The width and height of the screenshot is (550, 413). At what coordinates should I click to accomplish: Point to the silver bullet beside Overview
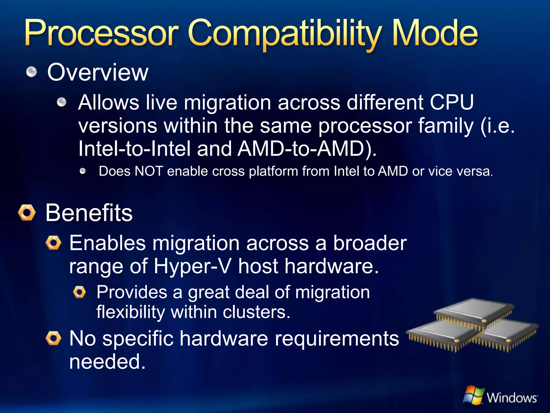coord(32,72)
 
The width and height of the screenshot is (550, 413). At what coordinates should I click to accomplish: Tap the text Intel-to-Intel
coord(134,149)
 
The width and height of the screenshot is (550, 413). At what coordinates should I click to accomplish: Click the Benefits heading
coord(89,213)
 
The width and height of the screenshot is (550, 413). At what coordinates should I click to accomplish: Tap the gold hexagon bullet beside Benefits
coord(27,213)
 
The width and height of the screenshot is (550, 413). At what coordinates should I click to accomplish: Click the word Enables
coord(107,243)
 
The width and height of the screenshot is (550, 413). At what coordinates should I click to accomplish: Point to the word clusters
coord(256,312)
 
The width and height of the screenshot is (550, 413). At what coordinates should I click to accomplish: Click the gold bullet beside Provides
coord(79,292)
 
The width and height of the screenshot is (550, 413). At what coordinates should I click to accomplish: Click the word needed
coord(107,361)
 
